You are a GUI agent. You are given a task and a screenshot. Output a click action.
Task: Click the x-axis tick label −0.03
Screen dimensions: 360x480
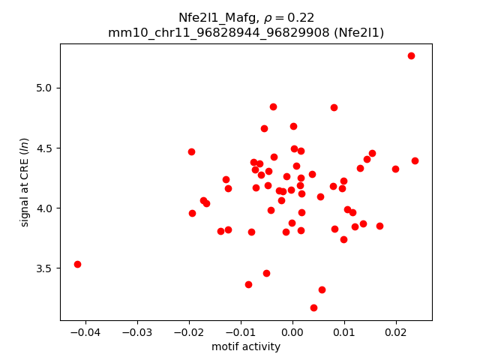point(136,332)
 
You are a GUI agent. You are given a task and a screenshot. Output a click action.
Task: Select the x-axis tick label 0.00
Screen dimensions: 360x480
point(292,332)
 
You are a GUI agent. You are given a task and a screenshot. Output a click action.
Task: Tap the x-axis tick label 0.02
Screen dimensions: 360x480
point(395,332)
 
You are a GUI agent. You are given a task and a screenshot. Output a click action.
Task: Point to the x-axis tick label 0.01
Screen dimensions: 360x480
point(343,332)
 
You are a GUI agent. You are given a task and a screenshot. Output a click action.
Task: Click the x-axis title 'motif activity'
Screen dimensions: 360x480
point(246,346)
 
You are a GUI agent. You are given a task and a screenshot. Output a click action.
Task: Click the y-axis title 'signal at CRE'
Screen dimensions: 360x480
point(25,182)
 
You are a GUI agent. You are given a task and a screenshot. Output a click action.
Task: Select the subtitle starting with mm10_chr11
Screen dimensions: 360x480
point(246,32)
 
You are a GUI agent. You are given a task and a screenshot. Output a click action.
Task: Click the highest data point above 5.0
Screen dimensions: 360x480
point(411,55)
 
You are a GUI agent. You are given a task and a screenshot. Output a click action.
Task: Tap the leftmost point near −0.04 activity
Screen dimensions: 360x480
point(77,264)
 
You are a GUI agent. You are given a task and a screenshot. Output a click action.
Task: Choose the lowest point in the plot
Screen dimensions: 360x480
point(313,307)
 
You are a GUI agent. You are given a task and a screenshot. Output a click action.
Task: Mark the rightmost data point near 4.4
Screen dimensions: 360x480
point(415,160)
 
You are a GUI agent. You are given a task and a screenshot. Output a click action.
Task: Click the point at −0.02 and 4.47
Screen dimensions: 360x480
point(191,151)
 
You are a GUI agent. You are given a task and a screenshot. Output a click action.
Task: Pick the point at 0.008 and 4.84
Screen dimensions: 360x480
point(334,107)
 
